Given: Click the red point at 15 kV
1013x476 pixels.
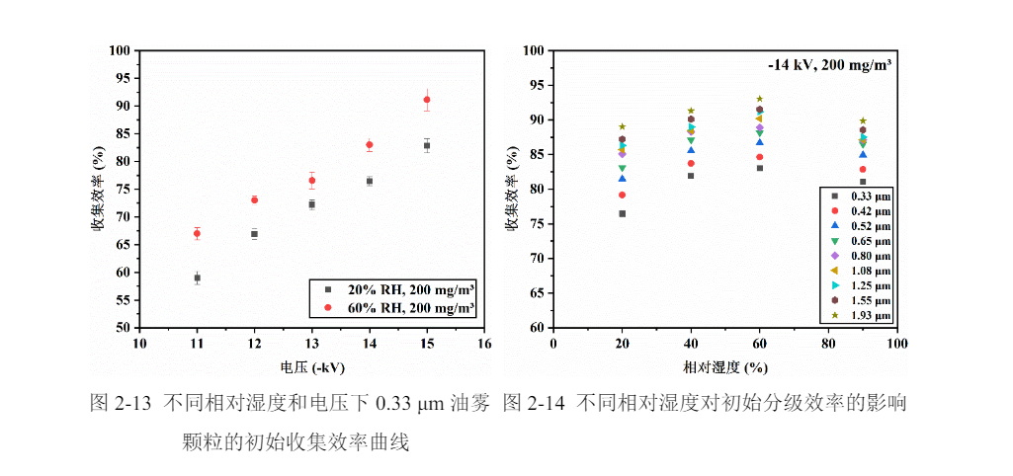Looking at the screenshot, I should (x=427, y=100).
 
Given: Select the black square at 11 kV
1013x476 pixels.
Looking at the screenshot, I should (x=197, y=278).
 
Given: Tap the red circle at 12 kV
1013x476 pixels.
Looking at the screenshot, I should (x=254, y=199).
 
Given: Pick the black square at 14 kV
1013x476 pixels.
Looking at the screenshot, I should (x=370, y=181).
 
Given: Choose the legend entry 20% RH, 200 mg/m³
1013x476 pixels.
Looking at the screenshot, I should (x=396, y=290).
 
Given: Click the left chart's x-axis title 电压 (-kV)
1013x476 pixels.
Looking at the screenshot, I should (x=311, y=367).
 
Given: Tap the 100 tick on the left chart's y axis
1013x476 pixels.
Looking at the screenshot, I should (x=121, y=50).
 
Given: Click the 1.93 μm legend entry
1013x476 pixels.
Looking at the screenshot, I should (x=859, y=315).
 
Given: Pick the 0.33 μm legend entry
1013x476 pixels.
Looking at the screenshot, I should (x=859, y=197).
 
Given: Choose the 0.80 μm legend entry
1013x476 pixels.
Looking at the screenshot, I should (x=859, y=256).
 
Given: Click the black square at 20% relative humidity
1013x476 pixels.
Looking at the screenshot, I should (x=622, y=213).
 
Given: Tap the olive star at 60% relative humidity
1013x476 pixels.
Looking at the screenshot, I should (x=759, y=99).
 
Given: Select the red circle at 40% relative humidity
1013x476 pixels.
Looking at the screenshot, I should (x=691, y=163).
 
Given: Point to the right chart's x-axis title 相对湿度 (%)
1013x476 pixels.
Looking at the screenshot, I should (x=724, y=367).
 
